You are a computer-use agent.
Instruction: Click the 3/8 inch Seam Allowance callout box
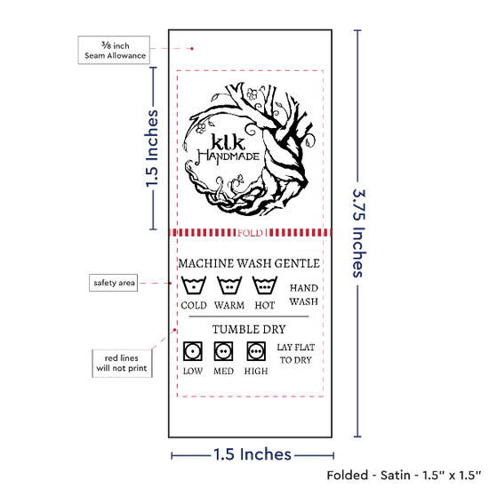(114, 50)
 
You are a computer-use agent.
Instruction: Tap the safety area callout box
(114, 283)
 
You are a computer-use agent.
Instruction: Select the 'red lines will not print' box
(122, 364)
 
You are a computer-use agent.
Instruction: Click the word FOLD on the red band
(250, 233)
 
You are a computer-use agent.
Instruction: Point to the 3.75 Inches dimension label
(358, 233)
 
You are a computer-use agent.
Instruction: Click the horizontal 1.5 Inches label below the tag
(253, 454)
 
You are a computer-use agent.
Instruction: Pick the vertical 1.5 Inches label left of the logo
(152, 148)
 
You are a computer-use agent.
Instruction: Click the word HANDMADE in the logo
(228, 156)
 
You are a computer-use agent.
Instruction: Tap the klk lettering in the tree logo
(228, 141)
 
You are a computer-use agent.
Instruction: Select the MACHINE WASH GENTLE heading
(249, 263)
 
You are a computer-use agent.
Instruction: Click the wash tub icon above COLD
(194, 285)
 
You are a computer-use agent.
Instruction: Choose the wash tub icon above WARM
(229, 285)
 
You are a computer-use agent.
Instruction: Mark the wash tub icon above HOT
(265, 285)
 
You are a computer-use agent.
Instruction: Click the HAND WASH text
(304, 294)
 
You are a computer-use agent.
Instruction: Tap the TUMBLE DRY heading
(249, 329)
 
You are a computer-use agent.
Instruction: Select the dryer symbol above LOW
(193, 351)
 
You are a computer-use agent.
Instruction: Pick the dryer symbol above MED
(223, 351)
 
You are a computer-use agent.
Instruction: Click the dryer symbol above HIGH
(256, 351)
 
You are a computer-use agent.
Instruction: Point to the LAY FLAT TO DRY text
(296, 354)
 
